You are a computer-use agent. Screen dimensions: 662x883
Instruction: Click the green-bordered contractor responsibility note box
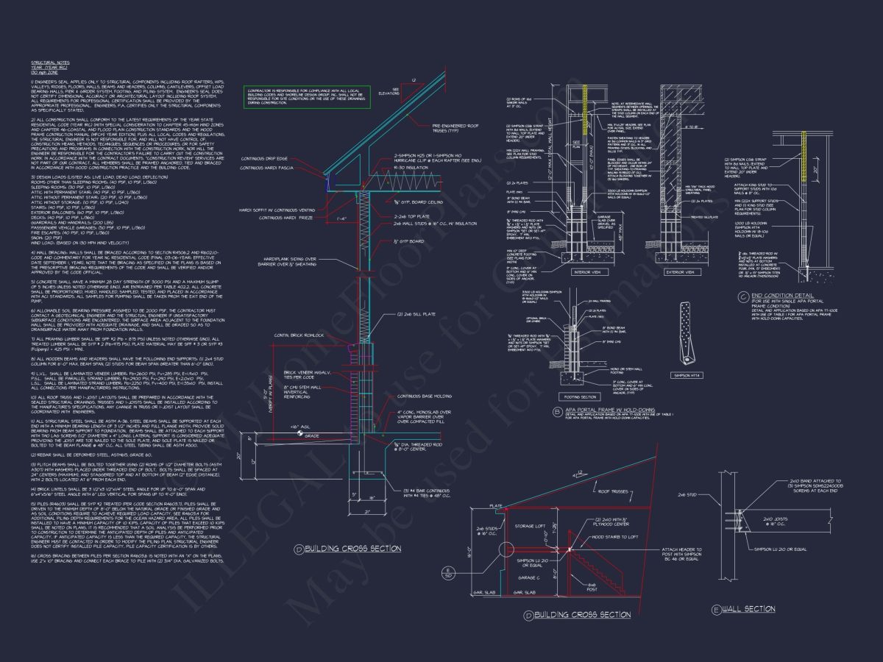coord(307,96)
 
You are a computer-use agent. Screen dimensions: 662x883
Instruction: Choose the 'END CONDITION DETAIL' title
coord(782,295)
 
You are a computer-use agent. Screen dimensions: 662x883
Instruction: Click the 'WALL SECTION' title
coord(748,609)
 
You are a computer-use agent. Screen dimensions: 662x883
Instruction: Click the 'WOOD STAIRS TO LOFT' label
coord(611,538)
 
